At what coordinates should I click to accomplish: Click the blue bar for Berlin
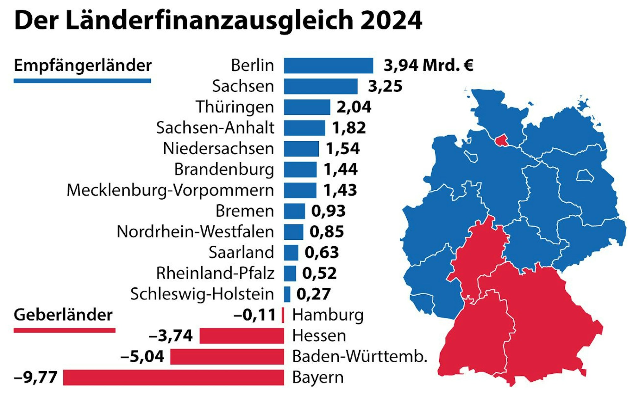[328, 65]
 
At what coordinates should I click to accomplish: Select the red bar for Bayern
[173, 377]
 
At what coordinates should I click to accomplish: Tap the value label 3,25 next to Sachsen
[385, 86]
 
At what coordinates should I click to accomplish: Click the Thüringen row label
[235, 107]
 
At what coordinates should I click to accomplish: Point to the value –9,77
[35, 377]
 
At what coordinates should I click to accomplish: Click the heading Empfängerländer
[83, 65]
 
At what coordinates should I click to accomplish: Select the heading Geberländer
[63, 315]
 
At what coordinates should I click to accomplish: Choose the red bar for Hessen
[241, 336]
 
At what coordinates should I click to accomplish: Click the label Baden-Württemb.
[359, 357]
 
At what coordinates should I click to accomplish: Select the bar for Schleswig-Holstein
[287, 294]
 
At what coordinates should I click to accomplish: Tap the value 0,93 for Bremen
[328, 211]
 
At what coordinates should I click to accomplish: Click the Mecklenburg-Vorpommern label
[170, 190]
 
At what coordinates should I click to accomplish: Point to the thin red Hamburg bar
[283, 315]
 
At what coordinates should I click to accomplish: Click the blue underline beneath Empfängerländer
[82, 81]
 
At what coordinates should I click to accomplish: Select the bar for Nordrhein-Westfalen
[293, 232]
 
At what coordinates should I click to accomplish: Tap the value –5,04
[142, 357]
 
